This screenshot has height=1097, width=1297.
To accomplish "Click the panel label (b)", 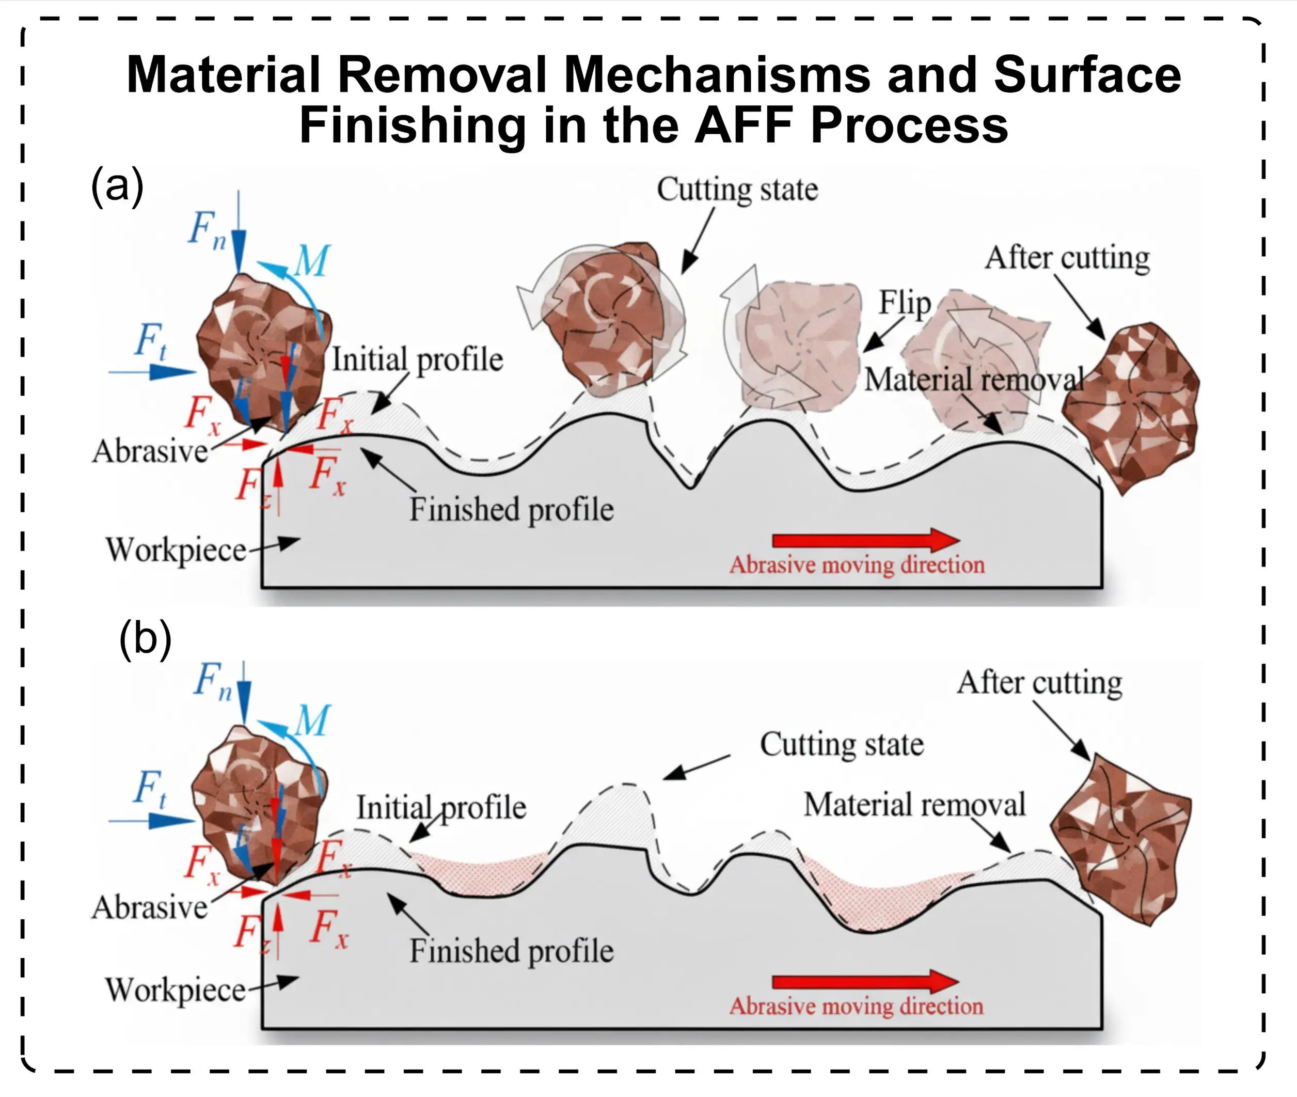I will pos(145,639).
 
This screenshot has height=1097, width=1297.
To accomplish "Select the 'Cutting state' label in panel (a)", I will pos(737,190).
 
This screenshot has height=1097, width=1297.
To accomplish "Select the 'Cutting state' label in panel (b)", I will pos(842,744).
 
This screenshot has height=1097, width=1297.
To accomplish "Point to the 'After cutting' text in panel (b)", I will pos(1039,683).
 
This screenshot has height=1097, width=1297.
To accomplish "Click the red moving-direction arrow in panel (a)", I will pos(865,539).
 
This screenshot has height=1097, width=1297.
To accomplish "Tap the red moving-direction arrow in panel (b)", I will pos(865,981).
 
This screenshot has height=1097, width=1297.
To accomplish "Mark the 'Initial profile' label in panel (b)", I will pos(441,808).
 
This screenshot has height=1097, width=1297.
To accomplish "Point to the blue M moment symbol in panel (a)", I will pos(311,261).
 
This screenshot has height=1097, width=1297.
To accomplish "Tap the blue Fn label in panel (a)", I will pos(207,229).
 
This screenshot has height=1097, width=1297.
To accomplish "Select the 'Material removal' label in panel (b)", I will pos(914,805).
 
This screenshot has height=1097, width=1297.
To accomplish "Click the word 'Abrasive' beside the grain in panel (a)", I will pos(150,451).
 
